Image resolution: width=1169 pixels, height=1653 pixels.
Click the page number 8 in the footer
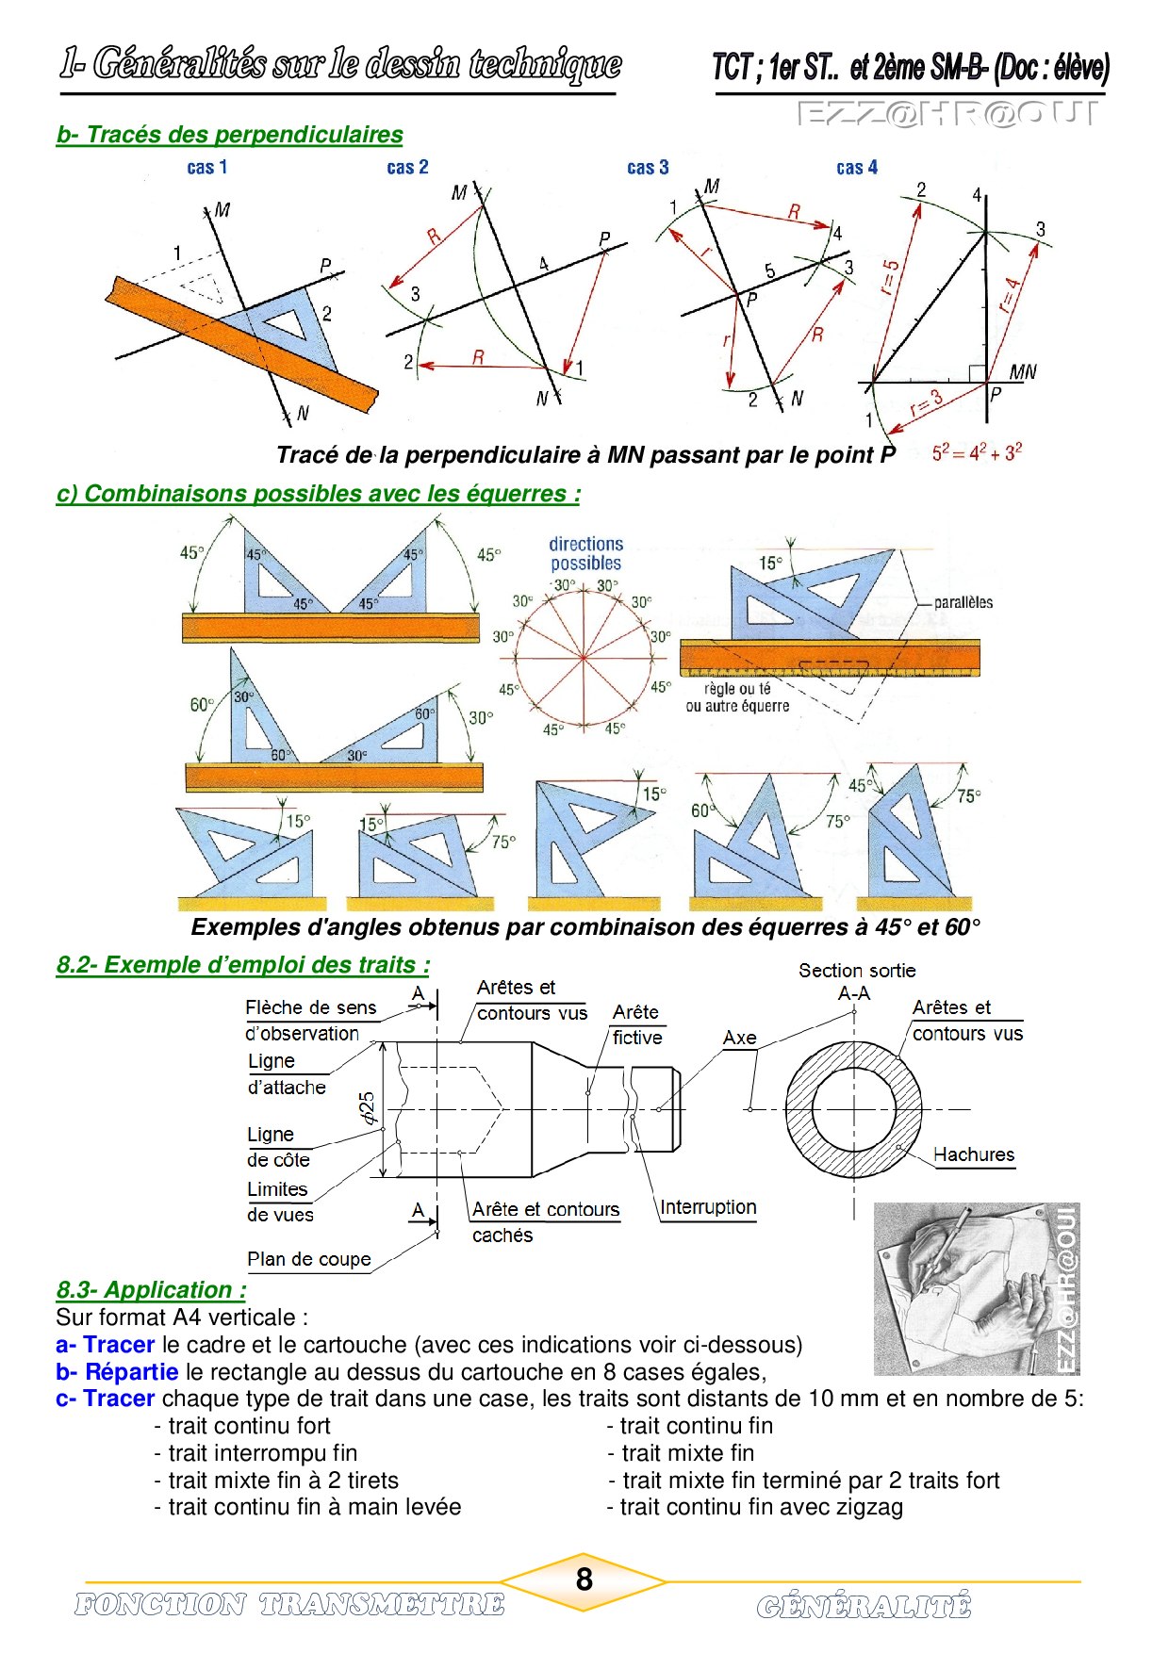tap(584, 1579)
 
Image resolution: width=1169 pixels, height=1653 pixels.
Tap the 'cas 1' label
tap(207, 168)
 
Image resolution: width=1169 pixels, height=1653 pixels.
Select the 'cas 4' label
tap(857, 168)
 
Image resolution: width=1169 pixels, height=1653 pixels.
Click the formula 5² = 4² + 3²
tap(977, 453)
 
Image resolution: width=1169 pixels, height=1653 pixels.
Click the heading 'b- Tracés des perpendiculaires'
tap(229, 135)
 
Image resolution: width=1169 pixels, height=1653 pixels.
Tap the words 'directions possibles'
tap(585, 554)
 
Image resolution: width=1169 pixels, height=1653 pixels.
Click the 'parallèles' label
tap(963, 603)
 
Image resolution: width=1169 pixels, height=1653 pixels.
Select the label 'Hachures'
tap(974, 1154)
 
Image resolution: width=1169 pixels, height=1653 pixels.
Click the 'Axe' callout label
tap(740, 1038)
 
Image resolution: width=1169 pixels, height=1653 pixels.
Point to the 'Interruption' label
tap(708, 1207)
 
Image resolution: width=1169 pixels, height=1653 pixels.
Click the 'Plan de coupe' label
tap(309, 1259)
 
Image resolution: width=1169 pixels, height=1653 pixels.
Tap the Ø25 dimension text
tap(368, 1108)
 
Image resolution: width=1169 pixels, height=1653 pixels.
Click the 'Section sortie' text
tap(857, 971)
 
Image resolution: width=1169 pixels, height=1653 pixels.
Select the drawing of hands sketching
tap(977, 1288)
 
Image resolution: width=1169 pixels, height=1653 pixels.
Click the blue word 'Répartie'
tap(131, 1372)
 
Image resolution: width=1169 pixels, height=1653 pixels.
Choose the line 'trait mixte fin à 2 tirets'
tap(276, 1481)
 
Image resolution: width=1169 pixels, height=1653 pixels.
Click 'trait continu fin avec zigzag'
tap(755, 1507)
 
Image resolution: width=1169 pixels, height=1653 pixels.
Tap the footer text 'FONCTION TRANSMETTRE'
tap(289, 1604)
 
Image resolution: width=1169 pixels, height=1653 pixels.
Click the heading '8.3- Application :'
tap(151, 1290)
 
